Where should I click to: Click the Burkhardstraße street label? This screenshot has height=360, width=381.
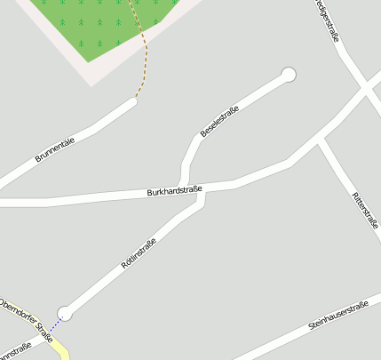click(175, 190)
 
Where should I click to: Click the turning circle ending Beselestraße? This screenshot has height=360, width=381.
click(288, 75)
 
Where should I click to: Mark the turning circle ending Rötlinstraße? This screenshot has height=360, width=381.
click(65, 312)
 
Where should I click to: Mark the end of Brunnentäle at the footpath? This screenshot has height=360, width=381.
click(134, 102)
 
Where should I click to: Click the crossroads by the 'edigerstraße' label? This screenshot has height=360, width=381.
click(366, 89)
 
